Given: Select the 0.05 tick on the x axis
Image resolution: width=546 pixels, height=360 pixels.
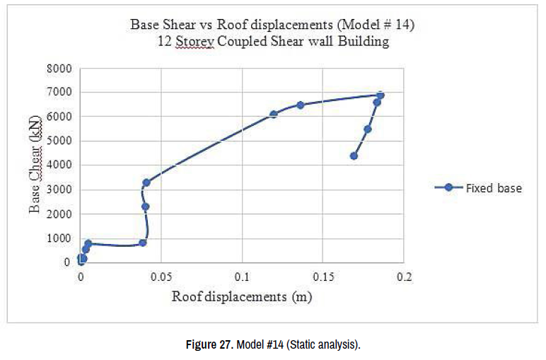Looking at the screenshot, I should [161, 276].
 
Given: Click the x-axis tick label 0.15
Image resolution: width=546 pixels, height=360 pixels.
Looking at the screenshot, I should [323, 276].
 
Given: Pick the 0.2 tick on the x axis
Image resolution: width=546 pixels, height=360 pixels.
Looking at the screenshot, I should [404, 276].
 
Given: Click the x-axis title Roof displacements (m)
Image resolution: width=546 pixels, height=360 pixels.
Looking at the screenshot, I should [242, 296].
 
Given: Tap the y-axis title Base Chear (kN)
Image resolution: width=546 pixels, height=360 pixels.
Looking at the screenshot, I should [35, 166].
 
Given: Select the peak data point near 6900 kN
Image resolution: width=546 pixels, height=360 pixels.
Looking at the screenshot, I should [380, 95].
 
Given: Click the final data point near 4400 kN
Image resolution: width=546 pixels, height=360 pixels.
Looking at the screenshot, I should [354, 156].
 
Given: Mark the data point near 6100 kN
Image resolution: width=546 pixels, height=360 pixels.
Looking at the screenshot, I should [274, 114].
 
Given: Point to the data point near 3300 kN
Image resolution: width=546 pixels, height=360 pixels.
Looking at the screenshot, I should [146, 182].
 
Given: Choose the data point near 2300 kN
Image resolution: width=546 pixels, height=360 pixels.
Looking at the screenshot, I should [146, 207].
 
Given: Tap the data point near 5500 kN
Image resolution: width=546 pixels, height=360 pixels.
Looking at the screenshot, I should [367, 129].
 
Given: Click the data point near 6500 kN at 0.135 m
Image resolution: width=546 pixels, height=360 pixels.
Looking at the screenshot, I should [300, 105].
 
